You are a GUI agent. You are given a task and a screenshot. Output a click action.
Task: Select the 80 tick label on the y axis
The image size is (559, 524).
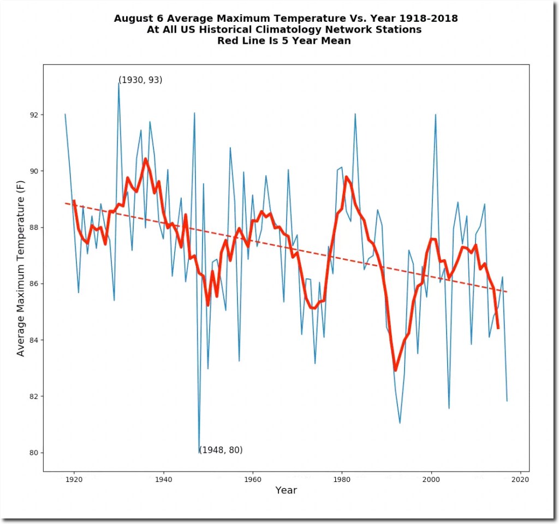pos(34,452)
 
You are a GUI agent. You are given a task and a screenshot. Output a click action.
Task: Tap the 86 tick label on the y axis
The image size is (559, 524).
pos(34,284)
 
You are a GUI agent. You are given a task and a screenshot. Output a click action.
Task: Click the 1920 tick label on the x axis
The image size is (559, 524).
pos(74,480)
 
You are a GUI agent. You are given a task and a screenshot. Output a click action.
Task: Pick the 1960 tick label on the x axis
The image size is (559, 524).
pos(252,480)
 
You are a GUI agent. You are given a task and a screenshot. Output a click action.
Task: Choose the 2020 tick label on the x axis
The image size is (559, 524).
pos(520,480)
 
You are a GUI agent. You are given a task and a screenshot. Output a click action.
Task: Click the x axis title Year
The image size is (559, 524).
pos(286,490)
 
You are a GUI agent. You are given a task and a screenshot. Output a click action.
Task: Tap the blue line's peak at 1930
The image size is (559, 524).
pos(118,83)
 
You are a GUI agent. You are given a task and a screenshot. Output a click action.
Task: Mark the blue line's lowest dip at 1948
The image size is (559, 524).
pos(199,452)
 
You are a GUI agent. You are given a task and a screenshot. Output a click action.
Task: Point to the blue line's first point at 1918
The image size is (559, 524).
pos(65,114)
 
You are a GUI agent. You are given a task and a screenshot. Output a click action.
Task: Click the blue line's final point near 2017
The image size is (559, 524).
pos(507,401)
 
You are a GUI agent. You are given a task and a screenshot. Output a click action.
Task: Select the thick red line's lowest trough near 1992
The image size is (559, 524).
pos(395,371)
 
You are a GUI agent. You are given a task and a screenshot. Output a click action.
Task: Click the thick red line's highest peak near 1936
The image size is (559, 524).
pos(145,159)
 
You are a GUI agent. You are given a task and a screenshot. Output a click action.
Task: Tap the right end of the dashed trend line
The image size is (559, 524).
pos(507,292)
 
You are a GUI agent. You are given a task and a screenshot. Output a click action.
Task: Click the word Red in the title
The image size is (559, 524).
pos(228,40)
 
